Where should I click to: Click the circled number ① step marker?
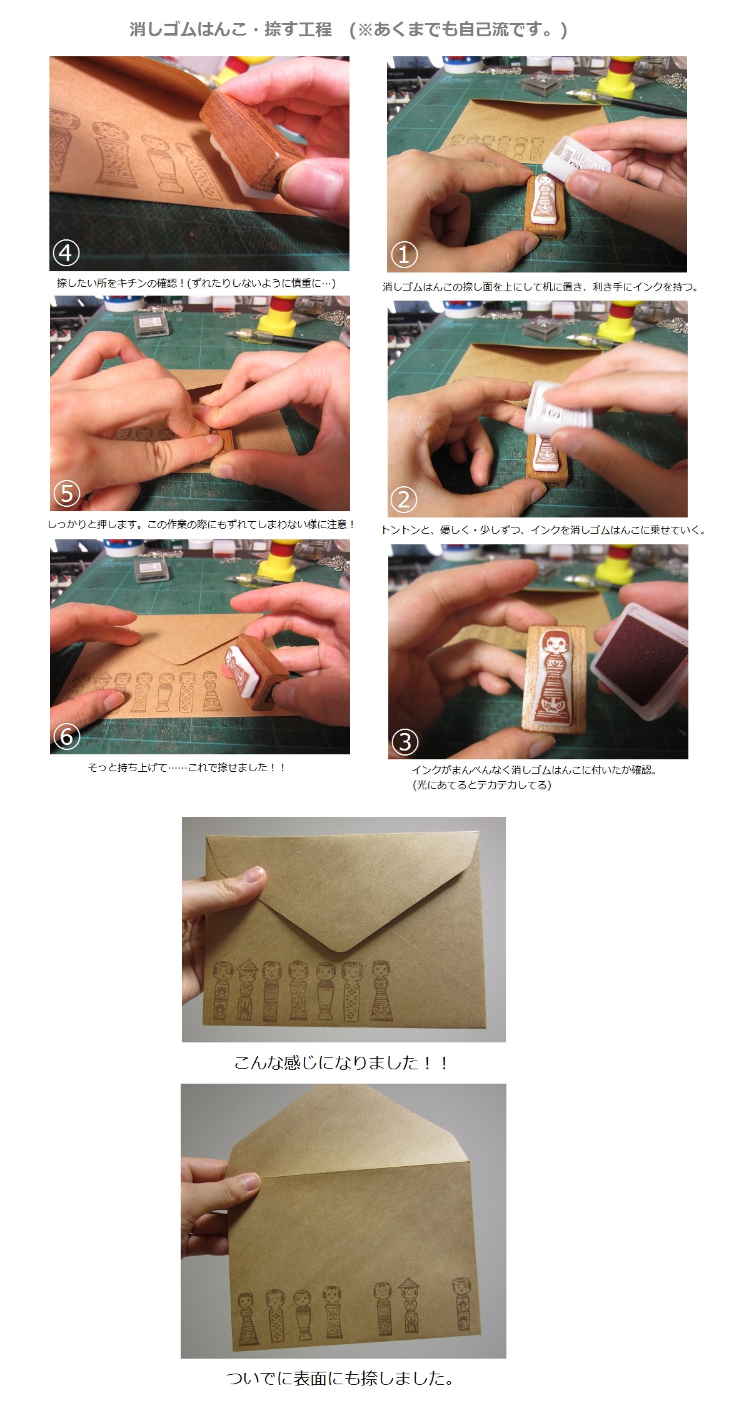point(404,254)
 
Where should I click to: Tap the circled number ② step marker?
point(404,499)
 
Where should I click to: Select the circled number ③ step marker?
point(405,742)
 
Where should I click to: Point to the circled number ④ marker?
point(66,253)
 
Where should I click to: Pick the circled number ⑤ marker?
point(66,494)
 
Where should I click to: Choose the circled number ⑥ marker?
point(66,737)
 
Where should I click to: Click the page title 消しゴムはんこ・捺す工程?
point(231,29)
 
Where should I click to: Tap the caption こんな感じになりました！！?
point(341,1063)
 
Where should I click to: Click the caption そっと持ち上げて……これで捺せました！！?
point(187,767)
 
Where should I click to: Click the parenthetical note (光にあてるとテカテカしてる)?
point(481,785)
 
